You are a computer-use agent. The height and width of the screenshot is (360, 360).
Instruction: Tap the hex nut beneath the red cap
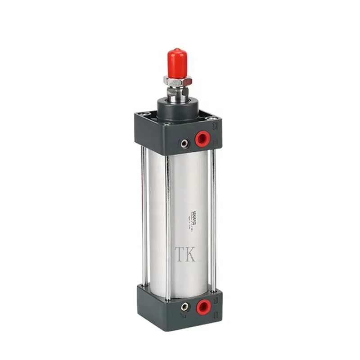pos(177,81)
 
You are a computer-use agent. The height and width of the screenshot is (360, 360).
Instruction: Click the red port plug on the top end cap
pos(202,139)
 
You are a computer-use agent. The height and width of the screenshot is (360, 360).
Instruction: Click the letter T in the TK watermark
pos(179,254)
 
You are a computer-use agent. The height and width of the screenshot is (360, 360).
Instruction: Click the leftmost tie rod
pos(143,216)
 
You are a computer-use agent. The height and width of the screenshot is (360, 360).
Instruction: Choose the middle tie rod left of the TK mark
pos(167,225)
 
